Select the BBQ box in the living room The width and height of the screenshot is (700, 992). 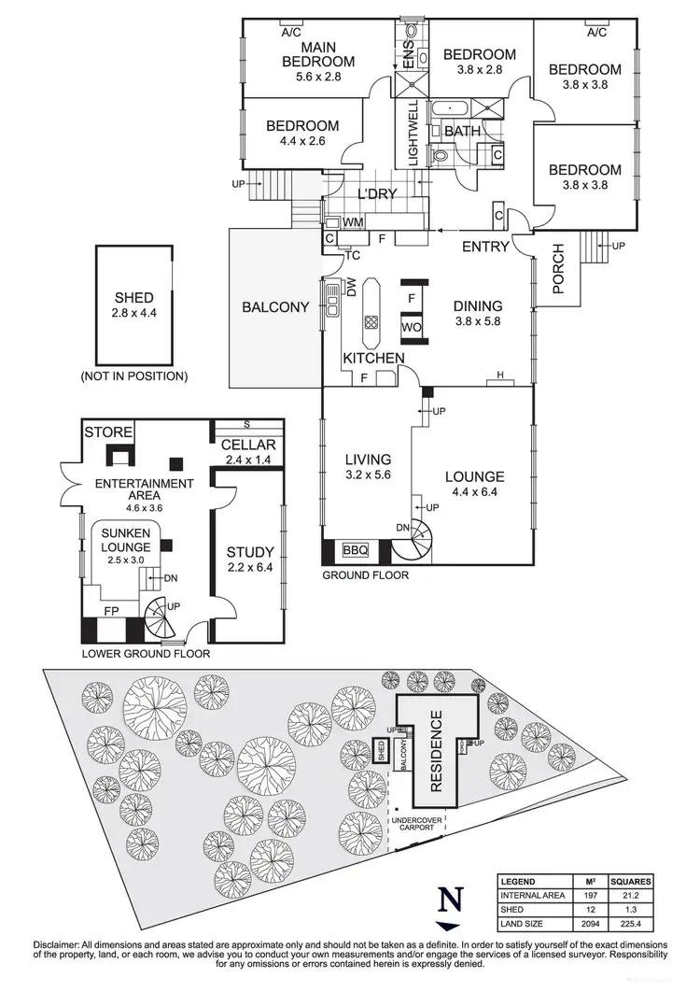pyautogui.click(x=357, y=550)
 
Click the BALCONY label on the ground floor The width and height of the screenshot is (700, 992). pyautogui.click(x=275, y=307)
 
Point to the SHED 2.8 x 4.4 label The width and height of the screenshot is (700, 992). pyautogui.click(x=133, y=305)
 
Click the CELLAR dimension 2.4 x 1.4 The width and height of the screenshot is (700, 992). pyautogui.click(x=247, y=461)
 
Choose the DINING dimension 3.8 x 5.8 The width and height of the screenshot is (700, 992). pyautogui.click(x=477, y=322)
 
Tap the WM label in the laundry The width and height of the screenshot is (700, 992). pyautogui.click(x=353, y=223)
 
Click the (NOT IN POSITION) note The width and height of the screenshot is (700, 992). pyautogui.click(x=133, y=376)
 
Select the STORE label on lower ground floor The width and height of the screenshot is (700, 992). pyautogui.click(x=106, y=432)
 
